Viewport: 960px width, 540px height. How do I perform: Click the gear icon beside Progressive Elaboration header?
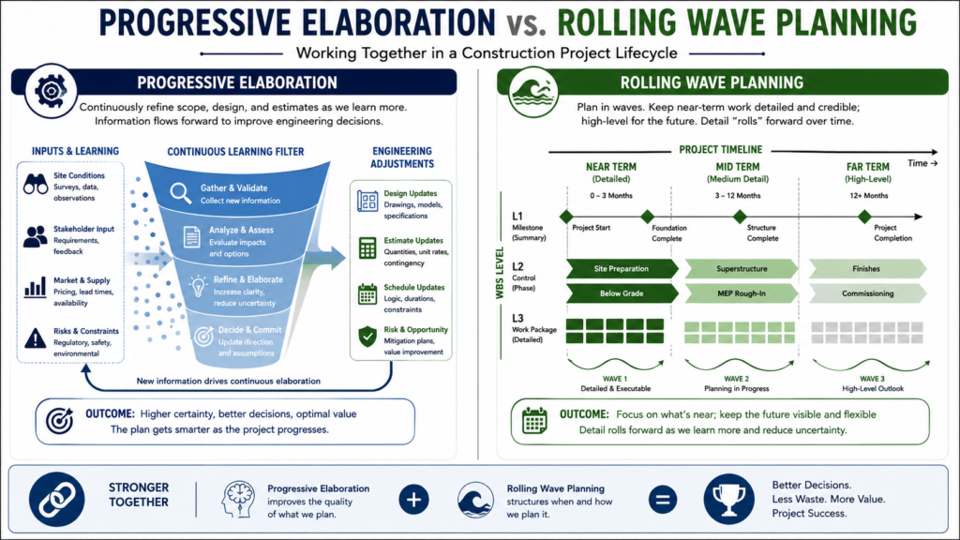[x=51, y=91]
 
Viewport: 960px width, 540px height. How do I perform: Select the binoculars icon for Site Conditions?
[x=36, y=184]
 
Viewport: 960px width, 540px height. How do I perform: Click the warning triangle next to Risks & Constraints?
[x=36, y=338]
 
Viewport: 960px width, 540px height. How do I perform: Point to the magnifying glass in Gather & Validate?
[x=181, y=193]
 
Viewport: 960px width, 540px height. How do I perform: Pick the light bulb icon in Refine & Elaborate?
[x=198, y=286]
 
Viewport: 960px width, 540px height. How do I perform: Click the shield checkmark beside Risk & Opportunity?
[x=367, y=337]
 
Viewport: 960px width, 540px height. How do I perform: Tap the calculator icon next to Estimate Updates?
[x=367, y=247]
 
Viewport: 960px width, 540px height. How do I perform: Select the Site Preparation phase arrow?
[x=622, y=269]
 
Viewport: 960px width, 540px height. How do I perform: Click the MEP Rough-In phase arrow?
[x=741, y=293]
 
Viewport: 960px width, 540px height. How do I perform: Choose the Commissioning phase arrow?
[x=867, y=293]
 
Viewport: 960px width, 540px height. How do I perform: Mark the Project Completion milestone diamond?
[x=864, y=217]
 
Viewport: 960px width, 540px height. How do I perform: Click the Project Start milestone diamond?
[x=566, y=217]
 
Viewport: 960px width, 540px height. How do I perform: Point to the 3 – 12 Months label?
[x=737, y=196]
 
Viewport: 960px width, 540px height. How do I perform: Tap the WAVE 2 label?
[x=736, y=379]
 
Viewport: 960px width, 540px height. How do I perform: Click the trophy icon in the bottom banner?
[x=728, y=500]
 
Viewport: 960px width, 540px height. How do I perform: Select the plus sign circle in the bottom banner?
[x=413, y=500]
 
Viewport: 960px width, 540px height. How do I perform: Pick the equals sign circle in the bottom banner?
[x=663, y=500]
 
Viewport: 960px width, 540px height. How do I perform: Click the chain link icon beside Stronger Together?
[x=56, y=500]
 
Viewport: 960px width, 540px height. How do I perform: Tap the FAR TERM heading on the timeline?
[x=867, y=167]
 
